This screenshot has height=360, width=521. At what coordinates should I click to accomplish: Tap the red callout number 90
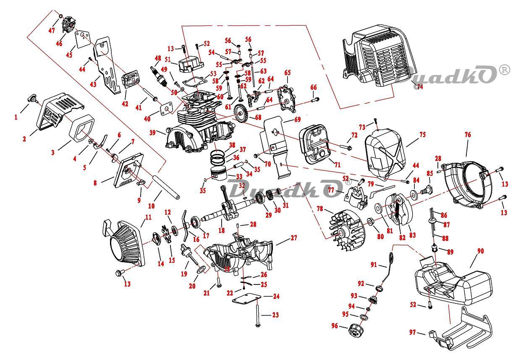[x=481, y=251]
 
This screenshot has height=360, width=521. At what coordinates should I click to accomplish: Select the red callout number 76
[x=468, y=135]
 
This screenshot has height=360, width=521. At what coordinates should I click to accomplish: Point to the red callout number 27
[x=293, y=238]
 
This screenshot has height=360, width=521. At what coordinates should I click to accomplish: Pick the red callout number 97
[x=412, y=332]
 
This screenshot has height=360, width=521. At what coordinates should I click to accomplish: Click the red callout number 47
[x=52, y=31]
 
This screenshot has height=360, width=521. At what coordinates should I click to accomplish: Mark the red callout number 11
[x=148, y=217]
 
